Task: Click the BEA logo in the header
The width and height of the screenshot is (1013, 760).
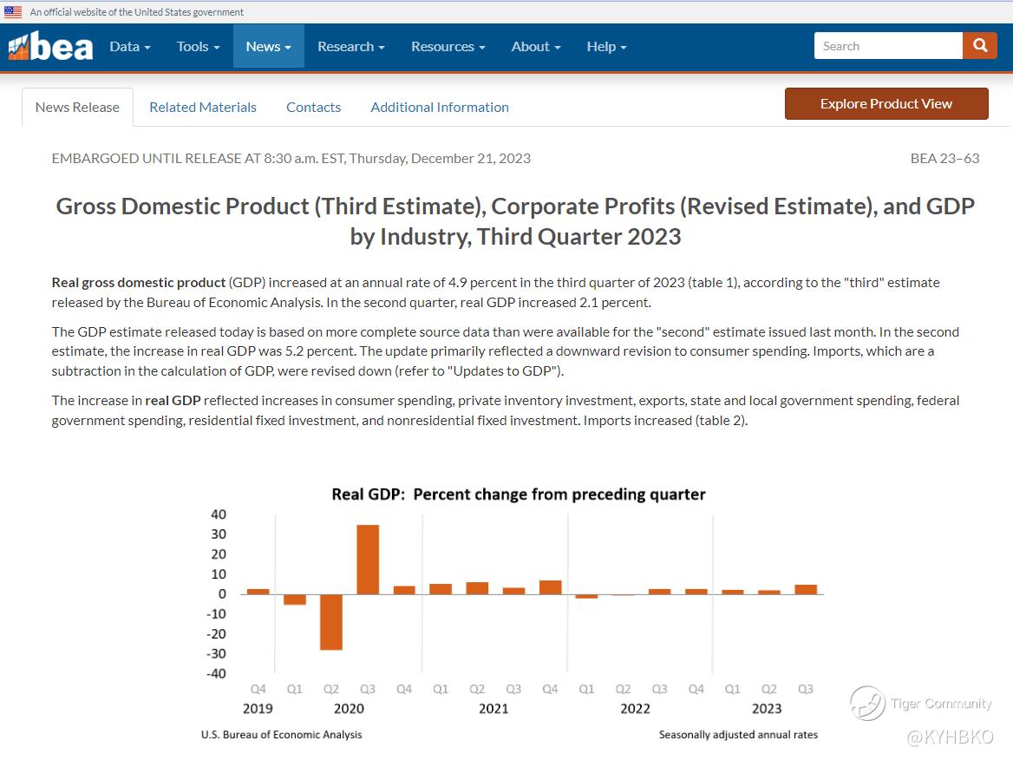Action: (x=50, y=47)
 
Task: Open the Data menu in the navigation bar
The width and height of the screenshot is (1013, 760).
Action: (x=130, y=47)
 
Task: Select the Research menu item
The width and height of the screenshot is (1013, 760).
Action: (x=351, y=47)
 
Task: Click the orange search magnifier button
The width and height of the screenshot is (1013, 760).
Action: (x=980, y=46)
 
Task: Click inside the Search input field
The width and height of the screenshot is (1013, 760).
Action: (x=887, y=46)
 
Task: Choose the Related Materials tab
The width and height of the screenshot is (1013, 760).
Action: (x=203, y=108)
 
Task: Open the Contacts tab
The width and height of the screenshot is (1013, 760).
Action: (x=313, y=108)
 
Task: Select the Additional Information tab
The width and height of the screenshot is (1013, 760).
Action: (x=440, y=108)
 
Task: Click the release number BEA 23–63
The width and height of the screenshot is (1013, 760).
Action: (x=944, y=158)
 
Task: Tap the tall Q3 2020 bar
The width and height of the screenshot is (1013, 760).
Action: (x=368, y=560)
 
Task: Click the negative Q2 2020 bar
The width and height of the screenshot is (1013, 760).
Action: (x=331, y=622)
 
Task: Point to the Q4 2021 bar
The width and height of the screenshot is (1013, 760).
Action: (x=551, y=587)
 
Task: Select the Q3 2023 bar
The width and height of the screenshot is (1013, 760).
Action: (x=806, y=589)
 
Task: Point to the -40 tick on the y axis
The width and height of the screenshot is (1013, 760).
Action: (x=218, y=674)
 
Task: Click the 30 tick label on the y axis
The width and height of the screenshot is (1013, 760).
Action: (x=219, y=534)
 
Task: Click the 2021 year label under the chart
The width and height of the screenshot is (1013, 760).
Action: (x=493, y=709)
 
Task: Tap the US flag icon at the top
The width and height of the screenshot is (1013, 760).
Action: (x=13, y=12)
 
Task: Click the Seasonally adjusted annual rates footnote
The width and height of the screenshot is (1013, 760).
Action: (x=737, y=735)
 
